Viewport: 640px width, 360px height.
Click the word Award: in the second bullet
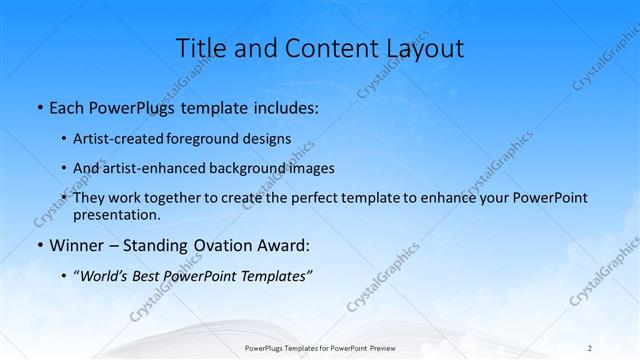[x=284, y=245]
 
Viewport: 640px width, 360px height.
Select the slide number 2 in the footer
[x=590, y=348]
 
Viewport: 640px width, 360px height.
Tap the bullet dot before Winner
[x=39, y=245]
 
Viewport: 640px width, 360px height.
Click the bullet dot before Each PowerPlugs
[x=39, y=106]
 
